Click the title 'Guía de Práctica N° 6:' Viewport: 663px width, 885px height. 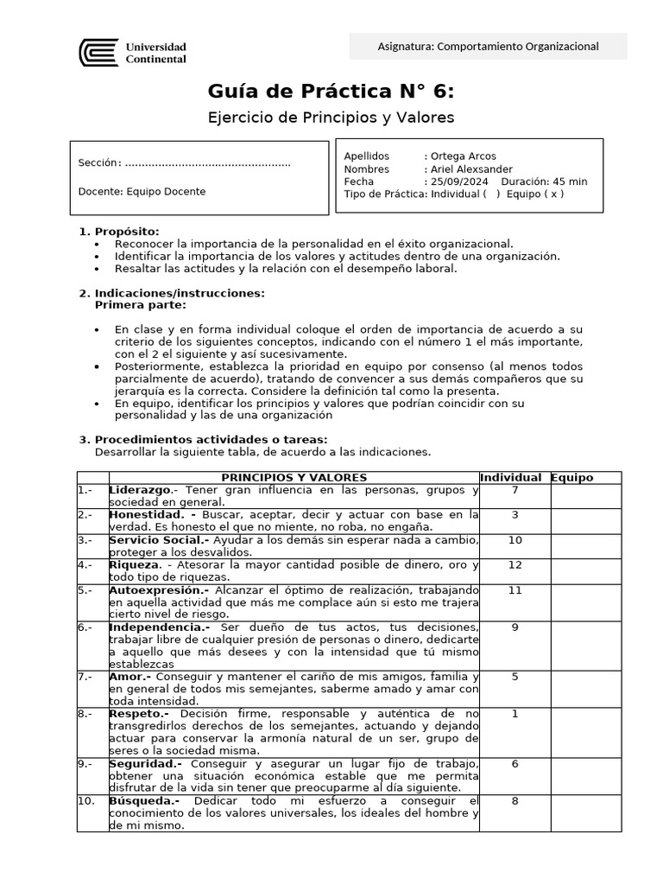(331, 92)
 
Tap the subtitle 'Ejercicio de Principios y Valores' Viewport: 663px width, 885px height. (331, 117)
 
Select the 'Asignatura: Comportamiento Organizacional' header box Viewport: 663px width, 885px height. (488, 47)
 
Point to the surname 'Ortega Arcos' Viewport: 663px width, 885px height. (463, 156)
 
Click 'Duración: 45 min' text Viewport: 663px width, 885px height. (544, 181)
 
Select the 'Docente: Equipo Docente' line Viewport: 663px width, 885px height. (142, 192)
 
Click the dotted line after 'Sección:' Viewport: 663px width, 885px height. (207, 163)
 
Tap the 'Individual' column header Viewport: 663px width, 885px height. (510, 478)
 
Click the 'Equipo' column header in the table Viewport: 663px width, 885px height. (571, 478)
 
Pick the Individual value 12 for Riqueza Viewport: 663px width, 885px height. (515, 564)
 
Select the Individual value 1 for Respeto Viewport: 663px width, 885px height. (515, 714)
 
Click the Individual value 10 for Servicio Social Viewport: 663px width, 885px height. (515, 540)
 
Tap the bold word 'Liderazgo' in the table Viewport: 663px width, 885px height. (139, 490)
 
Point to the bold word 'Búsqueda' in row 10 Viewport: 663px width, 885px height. (138, 801)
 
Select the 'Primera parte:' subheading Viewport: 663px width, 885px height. (139, 305)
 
